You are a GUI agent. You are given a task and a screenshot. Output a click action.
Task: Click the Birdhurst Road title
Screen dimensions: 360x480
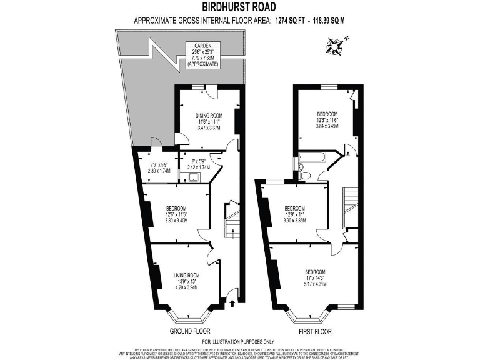click(240, 7)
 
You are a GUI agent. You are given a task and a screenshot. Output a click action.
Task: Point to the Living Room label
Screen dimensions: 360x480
click(186, 275)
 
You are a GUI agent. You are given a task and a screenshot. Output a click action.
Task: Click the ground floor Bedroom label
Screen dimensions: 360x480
click(177, 209)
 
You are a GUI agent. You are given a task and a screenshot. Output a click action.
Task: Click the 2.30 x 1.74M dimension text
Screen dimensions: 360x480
click(156, 169)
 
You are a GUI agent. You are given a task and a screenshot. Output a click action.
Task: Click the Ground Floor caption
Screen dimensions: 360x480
click(189, 331)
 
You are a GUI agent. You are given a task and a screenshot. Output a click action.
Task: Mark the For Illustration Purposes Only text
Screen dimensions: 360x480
click(240, 341)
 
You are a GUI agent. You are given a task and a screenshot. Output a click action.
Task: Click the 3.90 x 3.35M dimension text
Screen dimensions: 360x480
click(294, 221)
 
